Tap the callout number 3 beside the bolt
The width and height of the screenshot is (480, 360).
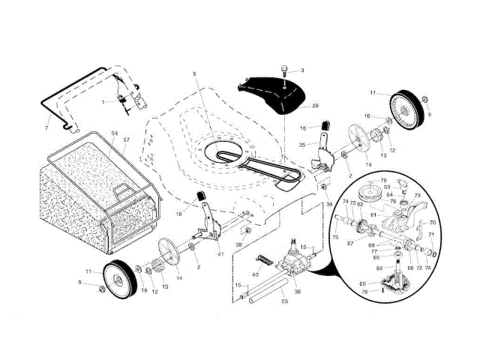click(302, 70)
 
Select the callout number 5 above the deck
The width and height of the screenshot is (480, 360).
click(193, 73)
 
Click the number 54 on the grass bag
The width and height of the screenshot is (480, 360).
click(114, 133)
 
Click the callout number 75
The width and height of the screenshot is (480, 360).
click(334, 235)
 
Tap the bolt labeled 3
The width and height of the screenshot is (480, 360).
click(286, 71)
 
